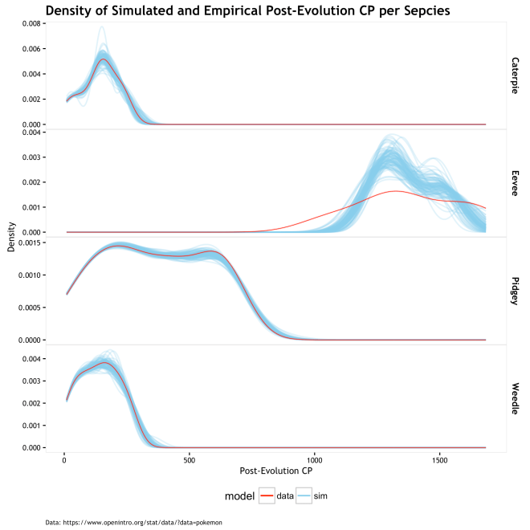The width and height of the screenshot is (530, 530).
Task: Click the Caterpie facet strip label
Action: pyautogui.click(x=514, y=75)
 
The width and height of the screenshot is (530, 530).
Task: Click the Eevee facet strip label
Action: pyautogui.click(x=514, y=182)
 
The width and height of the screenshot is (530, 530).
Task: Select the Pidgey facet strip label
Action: pyautogui.click(x=514, y=291)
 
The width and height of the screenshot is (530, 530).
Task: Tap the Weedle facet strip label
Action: pyautogui.click(x=514, y=398)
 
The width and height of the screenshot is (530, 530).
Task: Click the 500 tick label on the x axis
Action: pyautogui.click(x=190, y=460)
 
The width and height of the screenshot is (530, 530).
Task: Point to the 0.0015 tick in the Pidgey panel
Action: pyautogui.click(x=26, y=242)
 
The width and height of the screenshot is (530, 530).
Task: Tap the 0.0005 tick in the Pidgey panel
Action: pyautogui.click(x=26, y=308)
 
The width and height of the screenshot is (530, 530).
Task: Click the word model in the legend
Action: pyautogui.click(x=239, y=496)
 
